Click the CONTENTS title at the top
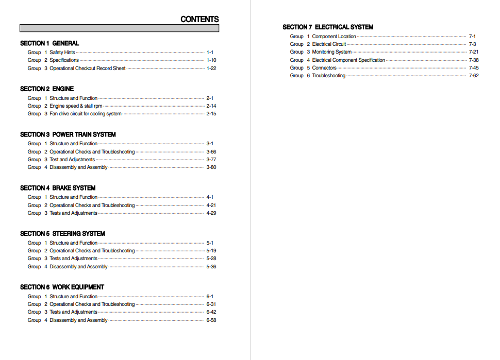(x=199, y=19)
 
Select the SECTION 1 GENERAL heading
(x=49, y=43)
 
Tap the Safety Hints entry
(x=62, y=53)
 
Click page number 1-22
(x=211, y=68)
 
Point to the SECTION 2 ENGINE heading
(x=47, y=89)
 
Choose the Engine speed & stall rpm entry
(x=76, y=106)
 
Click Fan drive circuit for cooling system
(x=86, y=114)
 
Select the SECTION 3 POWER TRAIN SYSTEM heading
(x=68, y=134)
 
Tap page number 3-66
(x=211, y=152)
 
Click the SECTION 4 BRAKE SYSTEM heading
(x=58, y=188)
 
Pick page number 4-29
(x=211, y=213)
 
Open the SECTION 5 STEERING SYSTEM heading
(x=62, y=233)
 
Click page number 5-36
(x=211, y=267)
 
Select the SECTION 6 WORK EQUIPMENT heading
(x=62, y=287)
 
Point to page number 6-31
(x=211, y=304)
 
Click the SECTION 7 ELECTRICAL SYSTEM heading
(x=328, y=27)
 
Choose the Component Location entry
(x=334, y=37)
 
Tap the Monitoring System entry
(x=332, y=52)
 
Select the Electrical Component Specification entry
(x=348, y=60)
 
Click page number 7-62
(x=473, y=76)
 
